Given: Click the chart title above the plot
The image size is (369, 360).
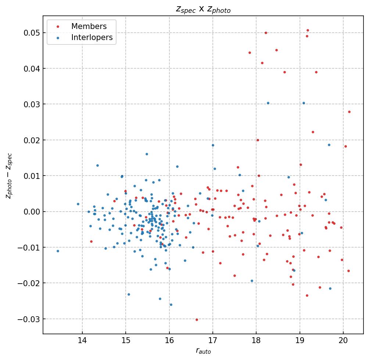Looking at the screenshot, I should pyautogui.click(x=203, y=10).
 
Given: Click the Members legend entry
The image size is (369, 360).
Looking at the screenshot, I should pyautogui.click(x=89, y=26).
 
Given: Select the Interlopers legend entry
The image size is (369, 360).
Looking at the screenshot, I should pyautogui.click(x=92, y=37).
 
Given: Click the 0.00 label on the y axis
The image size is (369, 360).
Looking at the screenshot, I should pyautogui.click(x=31, y=212).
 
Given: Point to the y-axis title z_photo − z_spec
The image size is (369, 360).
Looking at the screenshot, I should pyautogui.click(x=9, y=175).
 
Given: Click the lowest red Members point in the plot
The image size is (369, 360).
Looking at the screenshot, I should pyautogui.click(x=197, y=320).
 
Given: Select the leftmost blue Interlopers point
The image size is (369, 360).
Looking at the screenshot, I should pyautogui.click(x=58, y=251).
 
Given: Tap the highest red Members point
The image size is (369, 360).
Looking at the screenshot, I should pyautogui.click(x=308, y=30).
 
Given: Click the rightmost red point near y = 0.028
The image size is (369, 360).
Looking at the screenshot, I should pyautogui.click(x=349, y=112).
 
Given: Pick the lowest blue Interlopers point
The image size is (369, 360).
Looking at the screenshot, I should pyautogui.click(x=171, y=305).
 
